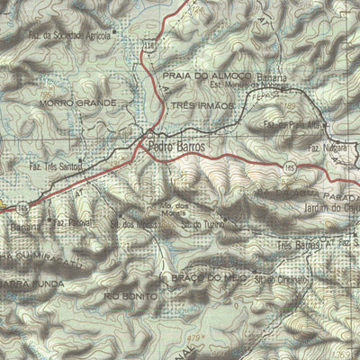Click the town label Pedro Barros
coord(178,144)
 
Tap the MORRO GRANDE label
coord(78,103)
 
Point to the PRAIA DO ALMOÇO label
coord(200,76)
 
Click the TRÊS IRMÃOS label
coord(202,105)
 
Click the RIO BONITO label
coord(127,294)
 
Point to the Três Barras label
coord(300,245)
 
